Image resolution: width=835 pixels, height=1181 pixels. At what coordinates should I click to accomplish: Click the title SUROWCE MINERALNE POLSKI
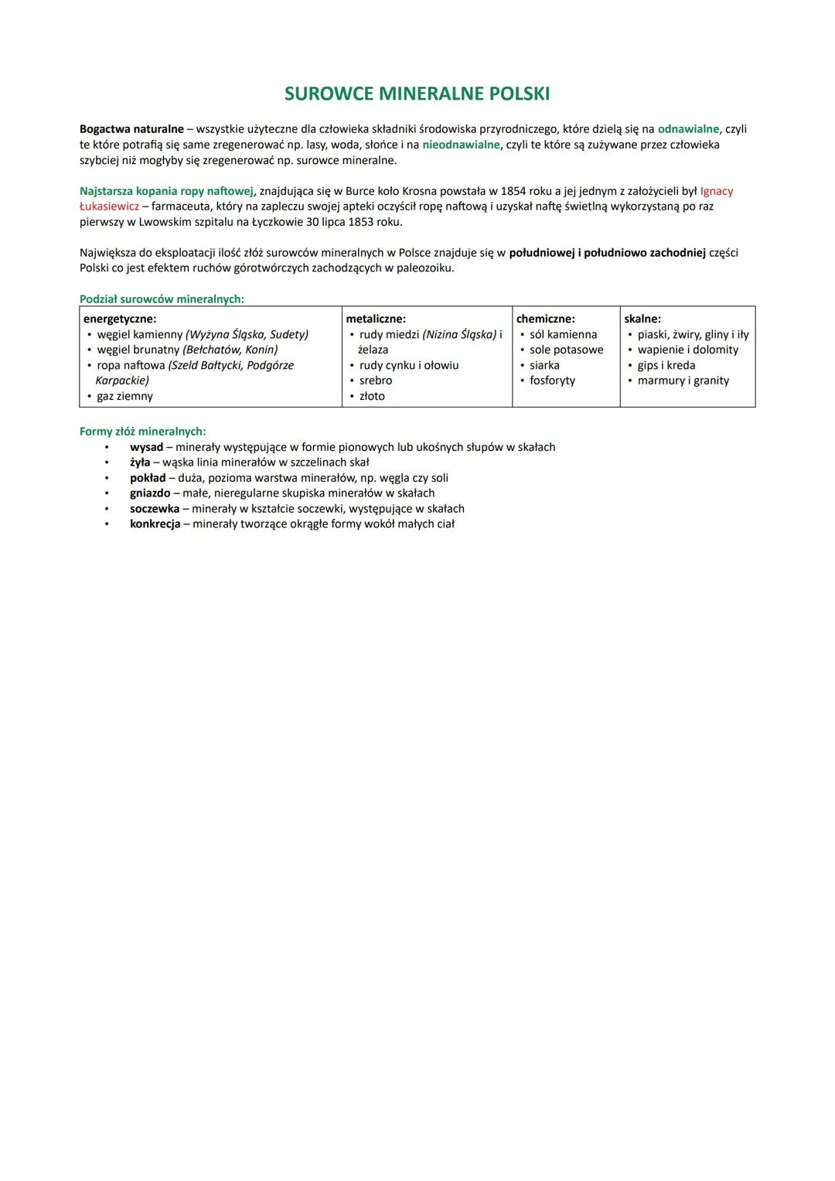pos(417,94)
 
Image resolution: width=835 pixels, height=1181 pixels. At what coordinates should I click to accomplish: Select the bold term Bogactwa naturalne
pos(131,129)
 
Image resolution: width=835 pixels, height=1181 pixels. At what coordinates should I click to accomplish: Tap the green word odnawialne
pos(688,129)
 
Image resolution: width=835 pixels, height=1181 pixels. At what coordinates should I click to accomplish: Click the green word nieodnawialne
pos(461,145)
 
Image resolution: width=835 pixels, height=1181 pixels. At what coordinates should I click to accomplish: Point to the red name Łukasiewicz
pos(109,207)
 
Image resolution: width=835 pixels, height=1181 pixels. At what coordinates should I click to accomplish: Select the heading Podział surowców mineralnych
pos(162,299)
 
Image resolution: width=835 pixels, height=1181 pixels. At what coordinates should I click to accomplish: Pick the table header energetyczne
pos(120,319)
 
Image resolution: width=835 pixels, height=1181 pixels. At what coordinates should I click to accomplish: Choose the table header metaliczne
pos(376,319)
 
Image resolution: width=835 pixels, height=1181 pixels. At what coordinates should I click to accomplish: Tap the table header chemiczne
pos(545,319)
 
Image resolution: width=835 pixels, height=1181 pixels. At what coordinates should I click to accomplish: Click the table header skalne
pos(642,319)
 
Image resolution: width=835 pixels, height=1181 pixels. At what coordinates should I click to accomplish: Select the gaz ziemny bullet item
pos(124,396)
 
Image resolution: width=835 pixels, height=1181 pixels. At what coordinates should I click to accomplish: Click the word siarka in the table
pos(544,365)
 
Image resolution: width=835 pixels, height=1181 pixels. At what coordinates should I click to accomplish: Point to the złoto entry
pos(372,396)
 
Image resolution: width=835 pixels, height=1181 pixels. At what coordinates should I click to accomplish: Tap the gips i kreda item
pos(666,365)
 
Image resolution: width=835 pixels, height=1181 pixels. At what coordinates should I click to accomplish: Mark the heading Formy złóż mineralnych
pos(143,432)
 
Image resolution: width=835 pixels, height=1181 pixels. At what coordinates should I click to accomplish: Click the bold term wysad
pos(146,447)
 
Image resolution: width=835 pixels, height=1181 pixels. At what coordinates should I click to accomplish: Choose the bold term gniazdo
pos(150,493)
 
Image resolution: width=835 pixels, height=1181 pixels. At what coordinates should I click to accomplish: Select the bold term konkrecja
pos(155,524)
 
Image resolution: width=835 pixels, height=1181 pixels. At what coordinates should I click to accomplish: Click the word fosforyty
pos(552,381)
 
